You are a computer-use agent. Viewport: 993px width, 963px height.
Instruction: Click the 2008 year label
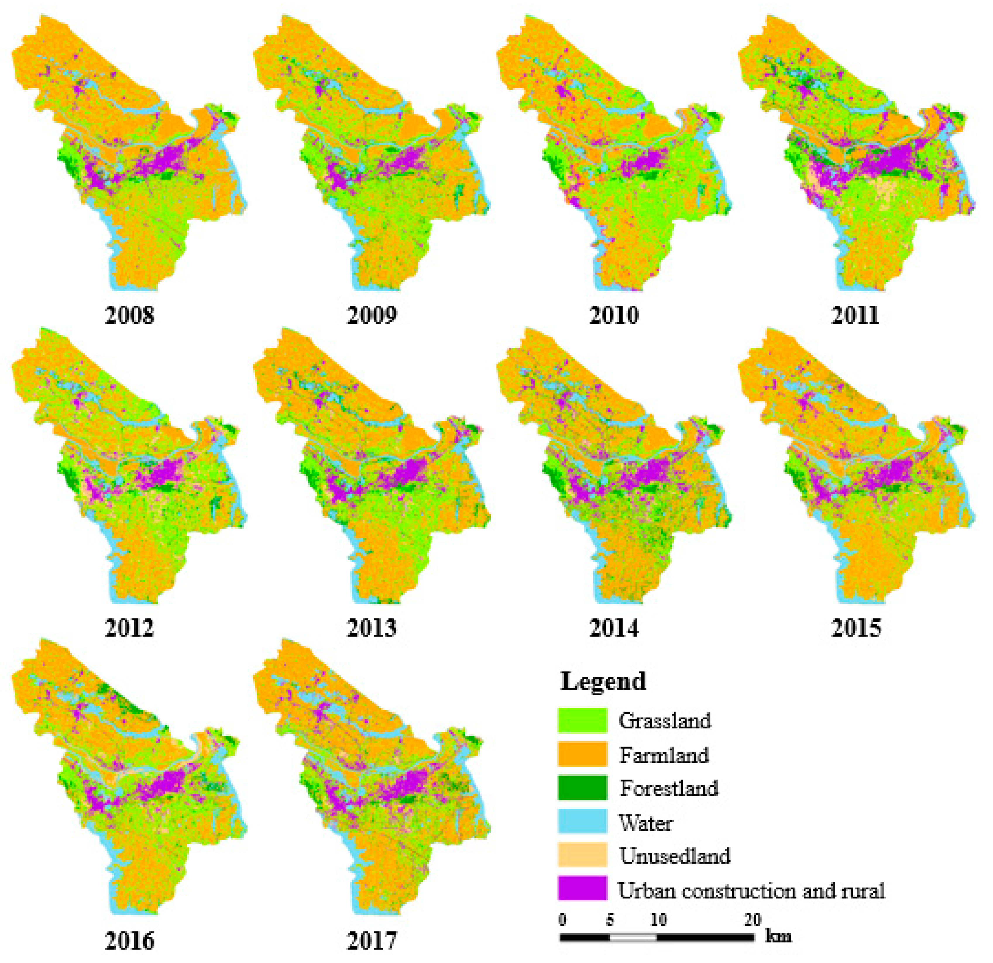[130, 315]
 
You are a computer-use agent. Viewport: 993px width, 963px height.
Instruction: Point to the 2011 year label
[856, 315]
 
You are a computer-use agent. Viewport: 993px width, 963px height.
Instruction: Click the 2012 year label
[130, 628]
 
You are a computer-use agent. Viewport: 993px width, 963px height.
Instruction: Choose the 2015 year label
[856, 628]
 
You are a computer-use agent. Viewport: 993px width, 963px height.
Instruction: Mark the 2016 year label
[130, 941]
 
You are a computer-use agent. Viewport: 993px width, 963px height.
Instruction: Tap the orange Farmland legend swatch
[582, 754]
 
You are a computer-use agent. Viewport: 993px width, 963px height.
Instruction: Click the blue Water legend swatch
[582, 822]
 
